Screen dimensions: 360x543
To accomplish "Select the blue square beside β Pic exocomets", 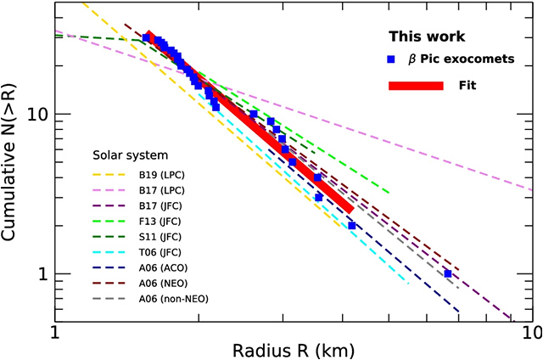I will tap(390, 59).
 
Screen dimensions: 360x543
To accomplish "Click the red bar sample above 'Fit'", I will tap(416, 86).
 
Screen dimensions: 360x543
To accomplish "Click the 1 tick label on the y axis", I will tap(42, 274).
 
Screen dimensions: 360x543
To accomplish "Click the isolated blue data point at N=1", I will tap(448, 273).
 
